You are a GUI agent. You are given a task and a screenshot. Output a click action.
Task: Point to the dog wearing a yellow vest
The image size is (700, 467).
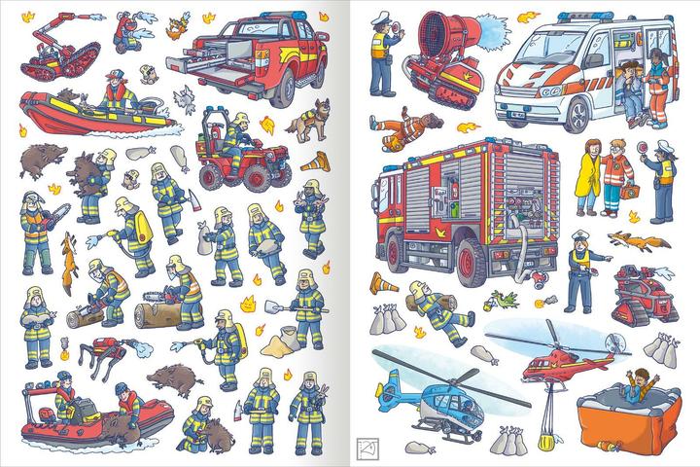tap(313, 122)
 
